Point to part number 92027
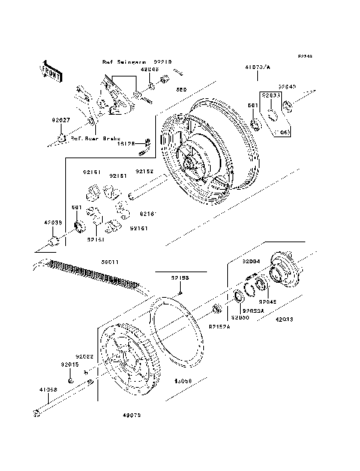coord(61,119)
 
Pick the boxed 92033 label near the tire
coord(270,96)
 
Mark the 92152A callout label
coord(219,327)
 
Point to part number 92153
coord(179,277)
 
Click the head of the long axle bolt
coord(37,412)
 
